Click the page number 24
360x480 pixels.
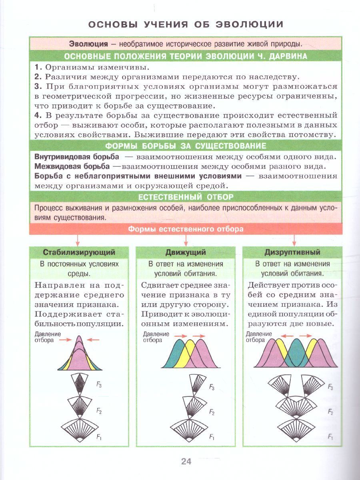(186, 461)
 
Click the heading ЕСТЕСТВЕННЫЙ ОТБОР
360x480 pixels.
(186, 197)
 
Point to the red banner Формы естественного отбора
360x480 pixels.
(186, 229)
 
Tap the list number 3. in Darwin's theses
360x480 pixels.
(38, 87)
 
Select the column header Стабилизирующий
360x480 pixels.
(79, 252)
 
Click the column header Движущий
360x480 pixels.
(186, 252)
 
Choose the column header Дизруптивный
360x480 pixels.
(292, 252)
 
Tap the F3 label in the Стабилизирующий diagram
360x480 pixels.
(99, 385)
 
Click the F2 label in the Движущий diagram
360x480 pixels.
(212, 412)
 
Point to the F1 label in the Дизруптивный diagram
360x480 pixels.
(330, 437)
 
